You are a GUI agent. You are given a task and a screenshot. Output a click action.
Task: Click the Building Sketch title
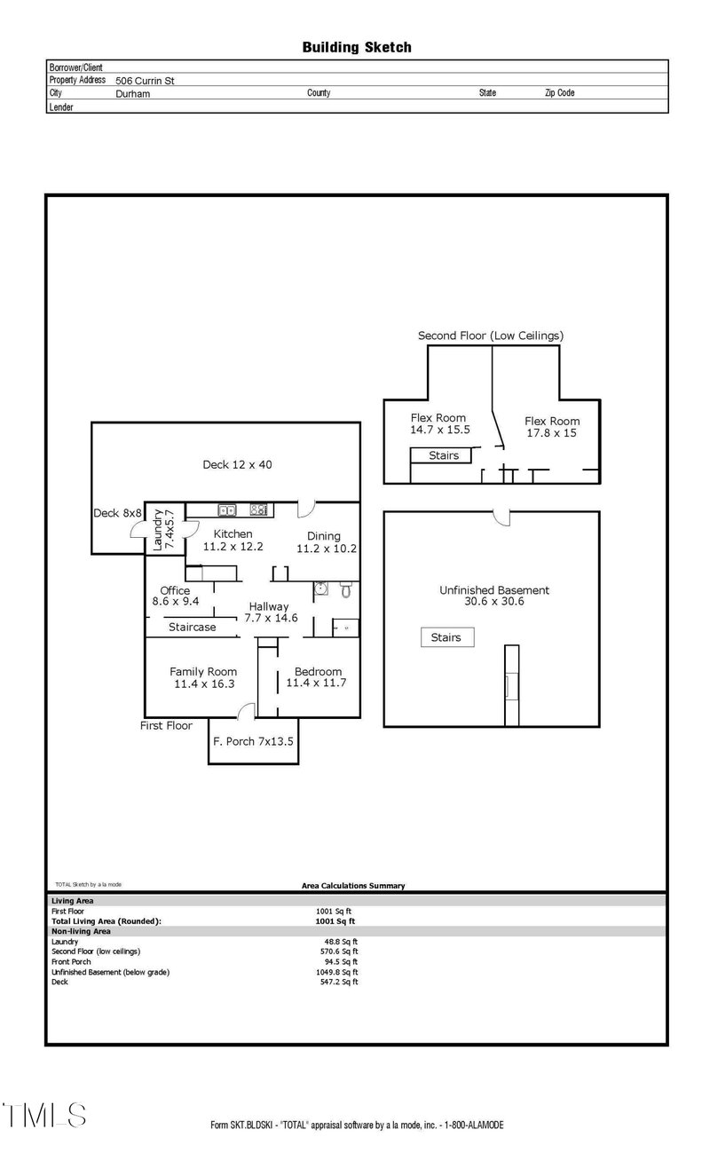pyautogui.click(x=357, y=47)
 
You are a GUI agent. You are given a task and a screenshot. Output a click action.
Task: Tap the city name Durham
pyautogui.click(x=133, y=93)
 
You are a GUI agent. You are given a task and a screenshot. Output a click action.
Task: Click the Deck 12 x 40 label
pyautogui.click(x=237, y=464)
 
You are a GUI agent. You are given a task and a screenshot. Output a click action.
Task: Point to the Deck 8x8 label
pyautogui.click(x=117, y=513)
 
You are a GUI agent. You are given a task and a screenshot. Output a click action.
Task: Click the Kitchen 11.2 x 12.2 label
pyautogui.click(x=233, y=541)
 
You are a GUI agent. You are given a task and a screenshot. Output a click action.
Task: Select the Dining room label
pyautogui.click(x=326, y=542)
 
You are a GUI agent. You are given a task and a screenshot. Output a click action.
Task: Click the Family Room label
pyautogui.click(x=203, y=678)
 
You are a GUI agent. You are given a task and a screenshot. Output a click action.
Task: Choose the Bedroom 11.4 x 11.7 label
pyautogui.click(x=318, y=678)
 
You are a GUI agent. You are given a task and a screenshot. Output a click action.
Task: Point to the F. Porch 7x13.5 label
pyautogui.click(x=254, y=740)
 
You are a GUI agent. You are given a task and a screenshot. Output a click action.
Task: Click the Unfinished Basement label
pyautogui.click(x=494, y=596)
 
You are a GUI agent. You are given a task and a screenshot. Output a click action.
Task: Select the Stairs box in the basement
pyautogui.click(x=446, y=637)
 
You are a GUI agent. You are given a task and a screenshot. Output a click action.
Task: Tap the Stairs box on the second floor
pyautogui.click(x=444, y=455)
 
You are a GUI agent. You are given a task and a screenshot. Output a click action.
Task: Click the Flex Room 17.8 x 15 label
pyautogui.click(x=551, y=427)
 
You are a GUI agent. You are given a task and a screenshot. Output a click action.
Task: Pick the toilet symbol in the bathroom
pyautogui.click(x=346, y=589)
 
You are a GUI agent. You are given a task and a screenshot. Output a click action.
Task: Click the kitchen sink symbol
pyautogui.click(x=227, y=510)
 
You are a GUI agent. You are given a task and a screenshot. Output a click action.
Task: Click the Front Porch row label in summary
pyautogui.click(x=71, y=961)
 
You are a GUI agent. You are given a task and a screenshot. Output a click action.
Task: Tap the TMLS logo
pyautogui.click(x=43, y=1115)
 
